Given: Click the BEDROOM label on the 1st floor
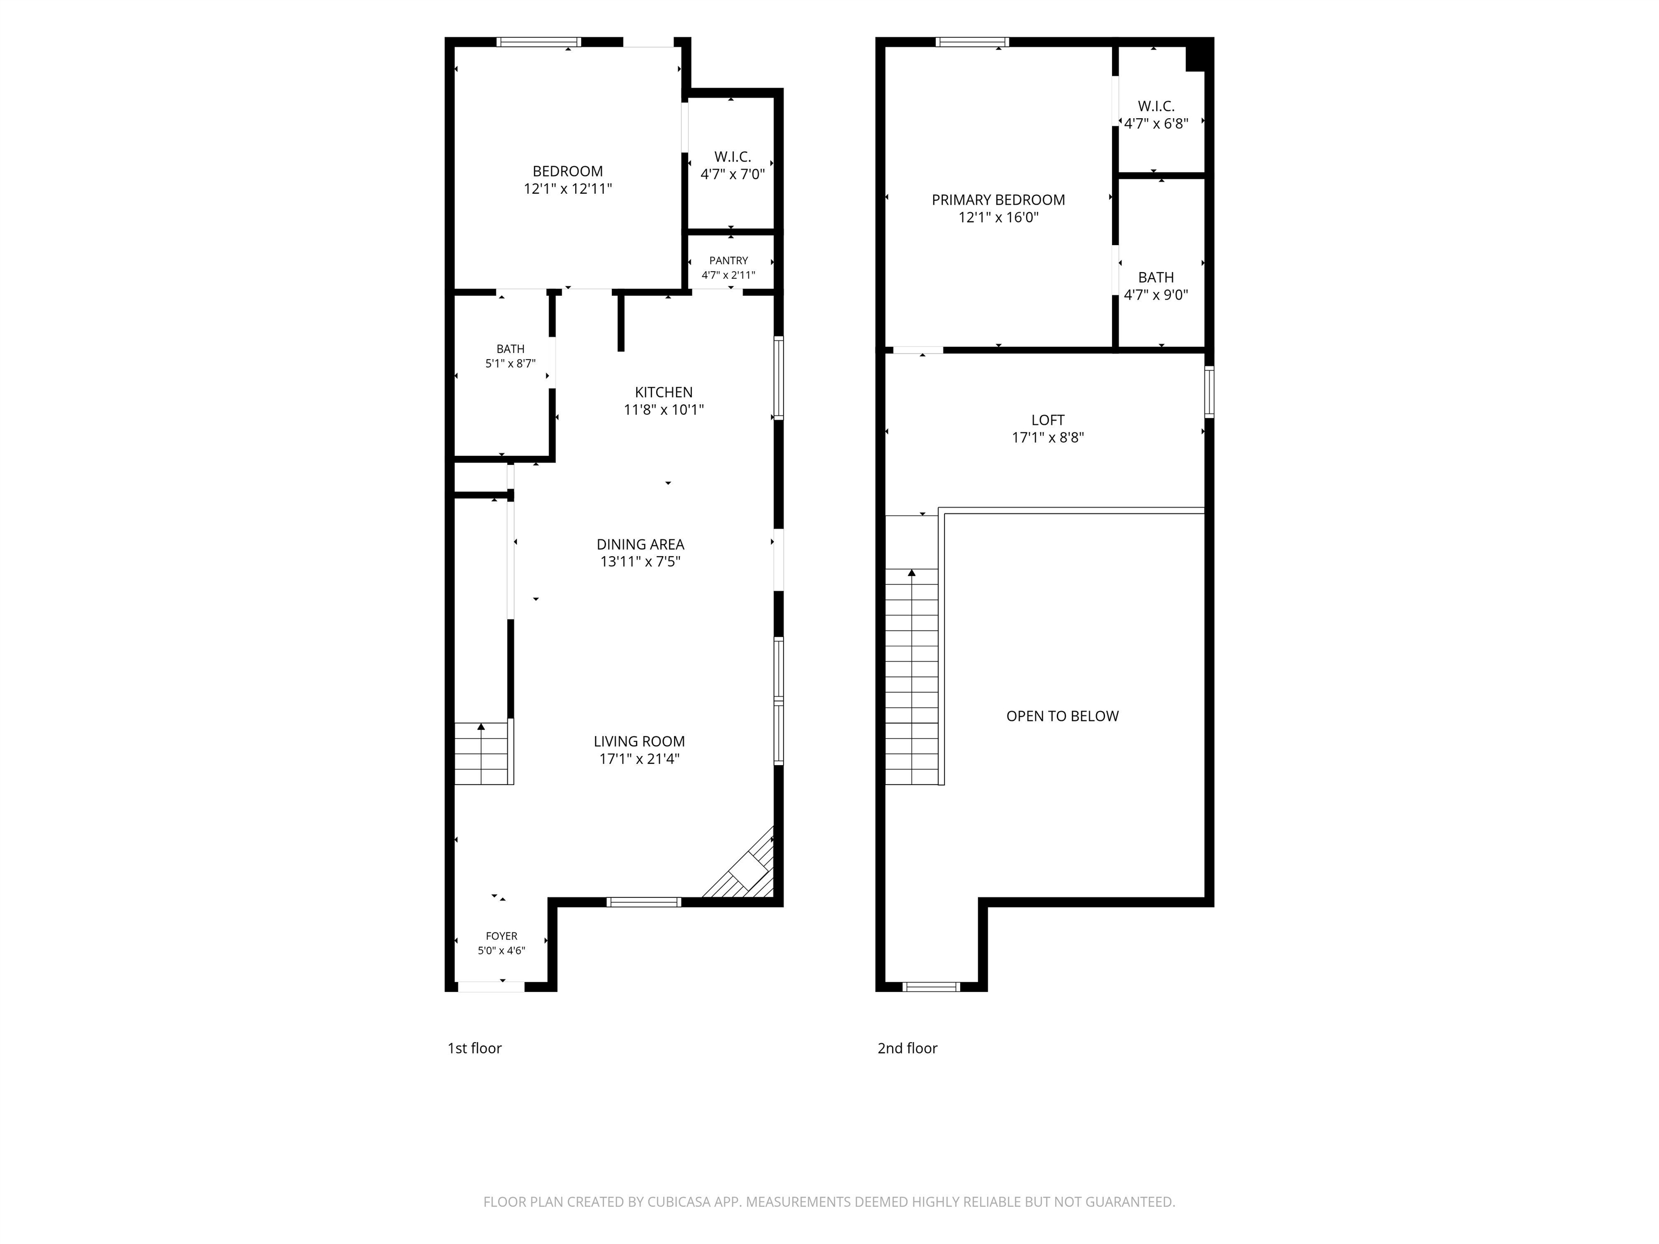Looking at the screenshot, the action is click(568, 171).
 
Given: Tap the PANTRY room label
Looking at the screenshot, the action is click(729, 260).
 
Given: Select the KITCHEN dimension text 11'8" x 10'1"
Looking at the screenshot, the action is click(664, 409).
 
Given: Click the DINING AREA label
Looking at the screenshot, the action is click(640, 544).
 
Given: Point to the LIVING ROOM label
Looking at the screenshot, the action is click(639, 741).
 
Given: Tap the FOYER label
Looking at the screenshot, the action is click(502, 936).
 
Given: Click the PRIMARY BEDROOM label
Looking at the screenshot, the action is click(998, 199).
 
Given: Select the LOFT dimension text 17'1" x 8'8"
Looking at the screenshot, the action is click(1048, 437).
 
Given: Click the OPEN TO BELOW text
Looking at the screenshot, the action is click(1062, 716).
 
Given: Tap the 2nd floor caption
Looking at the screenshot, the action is click(907, 1049).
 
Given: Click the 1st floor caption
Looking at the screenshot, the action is click(475, 1049).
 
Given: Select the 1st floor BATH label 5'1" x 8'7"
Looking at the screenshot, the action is click(510, 356).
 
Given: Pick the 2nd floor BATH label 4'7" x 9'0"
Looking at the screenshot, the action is click(1156, 286).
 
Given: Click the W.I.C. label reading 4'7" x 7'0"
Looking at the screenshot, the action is click(733, 165).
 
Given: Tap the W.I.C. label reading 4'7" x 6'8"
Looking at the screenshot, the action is click(1156, 114).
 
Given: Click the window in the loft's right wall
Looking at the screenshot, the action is click(1209, 391).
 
